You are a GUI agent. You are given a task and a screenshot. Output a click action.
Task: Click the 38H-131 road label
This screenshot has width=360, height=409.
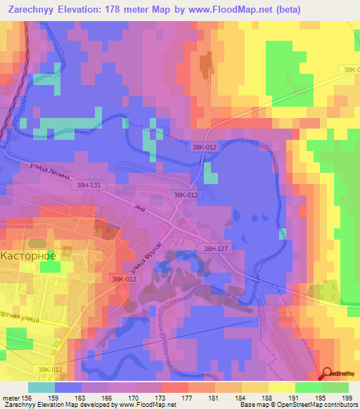[x=85, y=185]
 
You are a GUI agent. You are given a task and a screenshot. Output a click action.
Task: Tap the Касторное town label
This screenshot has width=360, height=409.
[x=28, y=255]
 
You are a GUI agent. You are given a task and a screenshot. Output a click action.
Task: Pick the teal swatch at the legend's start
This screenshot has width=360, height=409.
[x=41, y=387]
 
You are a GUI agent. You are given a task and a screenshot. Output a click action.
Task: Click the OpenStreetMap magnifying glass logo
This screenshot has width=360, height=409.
[x=328, y=374]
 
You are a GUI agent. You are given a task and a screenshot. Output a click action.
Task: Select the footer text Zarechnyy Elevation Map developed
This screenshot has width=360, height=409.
[x=56, y=405]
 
